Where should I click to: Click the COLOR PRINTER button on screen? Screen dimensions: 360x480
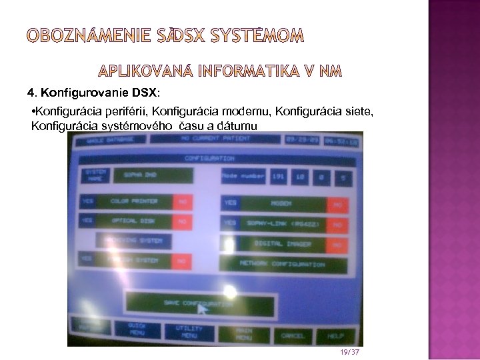[x=134, y=201]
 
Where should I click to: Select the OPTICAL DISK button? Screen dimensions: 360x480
[x=133, y=220]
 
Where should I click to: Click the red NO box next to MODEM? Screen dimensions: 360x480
[x=337, y=205]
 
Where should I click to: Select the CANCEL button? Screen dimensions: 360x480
[x=292, y=335]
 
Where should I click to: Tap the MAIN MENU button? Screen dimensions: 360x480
[x=243, y=333]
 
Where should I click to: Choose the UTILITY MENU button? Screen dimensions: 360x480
[x=189, y=331]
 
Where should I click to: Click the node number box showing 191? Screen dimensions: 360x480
[x=278, y=177]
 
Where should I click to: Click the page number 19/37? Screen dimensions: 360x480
[x=349, y=351]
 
